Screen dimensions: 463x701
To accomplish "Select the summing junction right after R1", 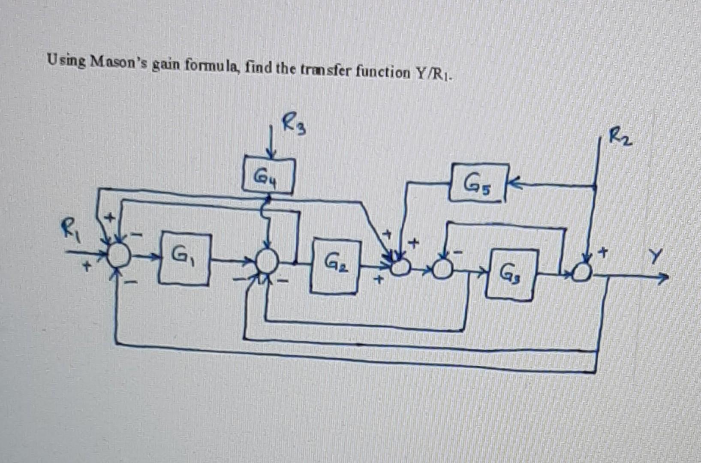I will click(118, 256).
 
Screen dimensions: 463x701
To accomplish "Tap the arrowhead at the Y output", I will click(662, 279).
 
